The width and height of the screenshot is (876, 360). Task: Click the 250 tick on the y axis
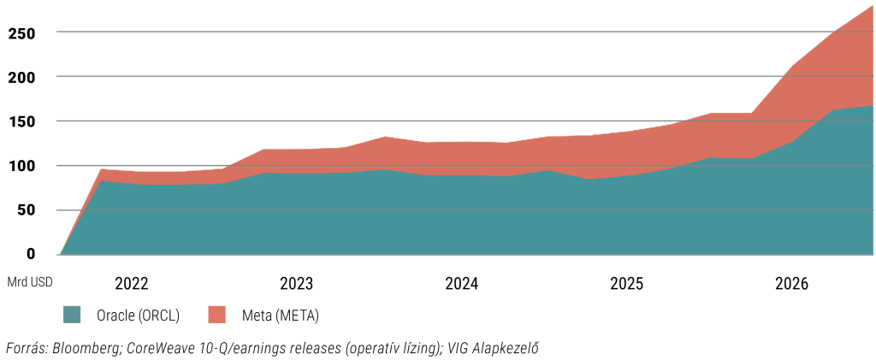(22, 33)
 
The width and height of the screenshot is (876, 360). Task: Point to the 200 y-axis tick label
(22, 77)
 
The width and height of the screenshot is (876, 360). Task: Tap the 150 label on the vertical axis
(22, 121)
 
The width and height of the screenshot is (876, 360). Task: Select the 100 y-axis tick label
(22, 167)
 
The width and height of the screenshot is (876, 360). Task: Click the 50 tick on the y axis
(27, 210)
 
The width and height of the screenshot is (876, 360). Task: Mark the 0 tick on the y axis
(32, 255)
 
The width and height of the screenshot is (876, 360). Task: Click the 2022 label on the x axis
(132, 284)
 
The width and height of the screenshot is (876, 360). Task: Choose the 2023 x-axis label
(297, 284)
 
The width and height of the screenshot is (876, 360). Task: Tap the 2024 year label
(461, 284)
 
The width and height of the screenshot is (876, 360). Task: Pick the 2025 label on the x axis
(627, 284)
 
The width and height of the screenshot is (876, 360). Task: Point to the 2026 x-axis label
(791, 284)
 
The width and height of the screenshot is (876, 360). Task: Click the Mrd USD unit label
(30, 282)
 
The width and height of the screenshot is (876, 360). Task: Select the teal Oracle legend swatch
(72, 315)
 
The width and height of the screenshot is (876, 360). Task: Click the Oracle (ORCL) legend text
(138, 316)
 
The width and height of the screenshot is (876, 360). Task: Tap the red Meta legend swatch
(216, 315)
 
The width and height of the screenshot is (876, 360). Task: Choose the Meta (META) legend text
(281, 316)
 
